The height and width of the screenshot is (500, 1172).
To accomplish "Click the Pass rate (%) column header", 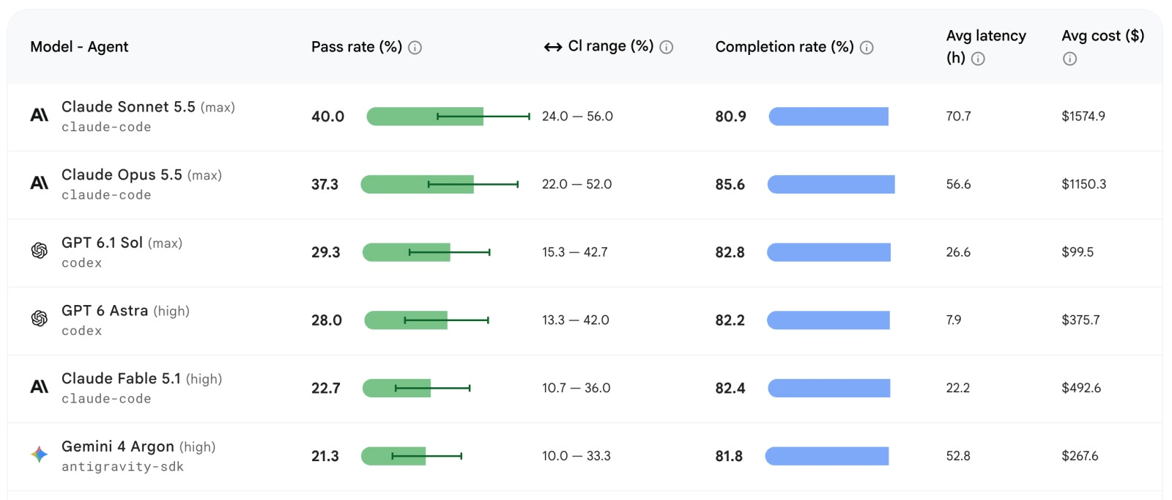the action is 356,47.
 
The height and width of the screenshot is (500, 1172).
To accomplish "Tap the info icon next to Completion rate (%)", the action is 867,48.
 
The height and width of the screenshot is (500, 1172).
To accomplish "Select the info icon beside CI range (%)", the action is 666,48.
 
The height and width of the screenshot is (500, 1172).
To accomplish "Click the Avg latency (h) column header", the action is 986,47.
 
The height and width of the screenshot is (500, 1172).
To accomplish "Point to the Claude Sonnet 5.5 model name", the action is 128,107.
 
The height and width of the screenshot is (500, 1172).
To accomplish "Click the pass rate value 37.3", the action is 325,184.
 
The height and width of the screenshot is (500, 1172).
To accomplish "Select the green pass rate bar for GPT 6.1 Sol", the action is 406,252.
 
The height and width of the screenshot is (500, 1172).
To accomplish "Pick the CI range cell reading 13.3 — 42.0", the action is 576,320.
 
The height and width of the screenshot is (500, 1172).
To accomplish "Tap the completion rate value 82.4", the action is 730,388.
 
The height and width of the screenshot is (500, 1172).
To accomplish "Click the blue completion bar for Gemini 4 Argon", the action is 827,456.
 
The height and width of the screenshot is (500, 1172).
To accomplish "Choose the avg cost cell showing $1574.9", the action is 1083,117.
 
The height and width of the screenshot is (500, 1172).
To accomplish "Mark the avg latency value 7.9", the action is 953,320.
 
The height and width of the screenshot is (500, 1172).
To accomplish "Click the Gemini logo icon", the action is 40,454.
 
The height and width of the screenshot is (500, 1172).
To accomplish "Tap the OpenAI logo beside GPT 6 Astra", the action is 40,318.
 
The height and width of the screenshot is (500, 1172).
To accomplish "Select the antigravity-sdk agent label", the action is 122,466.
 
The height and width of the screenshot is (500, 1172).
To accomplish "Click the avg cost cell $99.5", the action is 1078,252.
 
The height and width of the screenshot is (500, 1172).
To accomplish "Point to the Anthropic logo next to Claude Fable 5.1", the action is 40,386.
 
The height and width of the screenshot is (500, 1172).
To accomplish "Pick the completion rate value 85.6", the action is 730,184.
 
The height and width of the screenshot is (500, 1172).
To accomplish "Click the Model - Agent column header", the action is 79,47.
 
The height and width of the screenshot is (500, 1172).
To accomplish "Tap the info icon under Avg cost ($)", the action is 1070,59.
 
